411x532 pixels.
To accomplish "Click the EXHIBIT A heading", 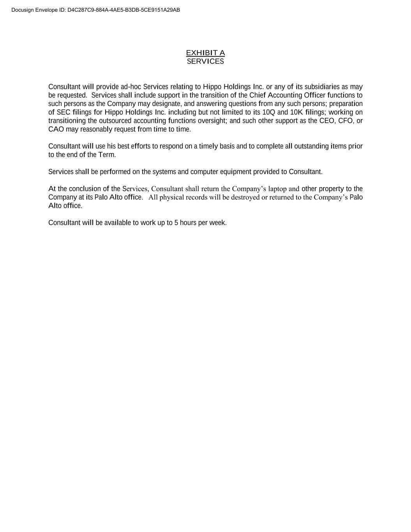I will (x=205, y=53).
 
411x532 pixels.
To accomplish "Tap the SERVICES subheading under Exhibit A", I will (x=205, y=61).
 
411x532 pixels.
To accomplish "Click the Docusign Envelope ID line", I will (x=95, y=10).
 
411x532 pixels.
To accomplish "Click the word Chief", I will (x=258, y=95).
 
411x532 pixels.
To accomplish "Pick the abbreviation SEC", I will (x=64, y=112).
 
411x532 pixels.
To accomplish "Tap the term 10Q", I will (x=269, y=112).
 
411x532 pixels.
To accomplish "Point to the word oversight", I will (x=213, y=120).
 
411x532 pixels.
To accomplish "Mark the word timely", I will (x=208, y=146).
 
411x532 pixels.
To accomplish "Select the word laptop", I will (x=277, y=189).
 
